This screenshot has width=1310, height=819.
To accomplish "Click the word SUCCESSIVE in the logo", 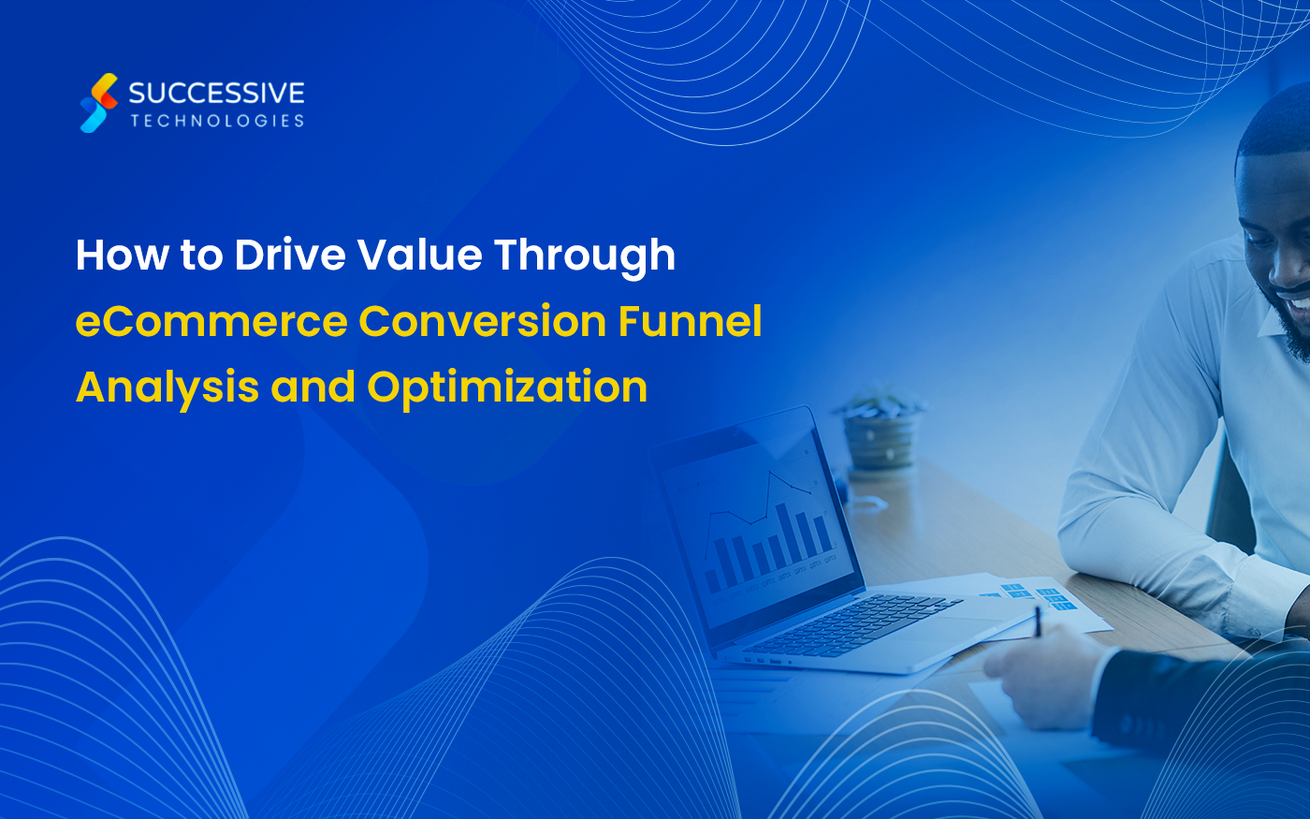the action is [x=216, y=93].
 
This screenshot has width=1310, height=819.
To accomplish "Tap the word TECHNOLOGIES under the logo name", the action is [x=217, y=121].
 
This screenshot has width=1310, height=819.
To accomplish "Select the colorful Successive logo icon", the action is [x=99, y=103].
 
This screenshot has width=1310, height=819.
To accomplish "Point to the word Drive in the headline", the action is [x=290, y=255].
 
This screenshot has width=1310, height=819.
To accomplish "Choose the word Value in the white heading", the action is [x=420, y=255].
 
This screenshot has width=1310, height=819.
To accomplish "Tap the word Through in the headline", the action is [x=586, y=257].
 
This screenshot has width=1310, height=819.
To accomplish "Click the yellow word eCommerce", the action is [x=211, y=321].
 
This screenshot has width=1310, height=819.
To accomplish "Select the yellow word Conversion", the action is [x=483, y=321].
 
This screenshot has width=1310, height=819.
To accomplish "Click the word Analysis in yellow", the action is [x=167, y=388].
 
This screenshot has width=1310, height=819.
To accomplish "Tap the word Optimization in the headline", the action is [x=507, y=388].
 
